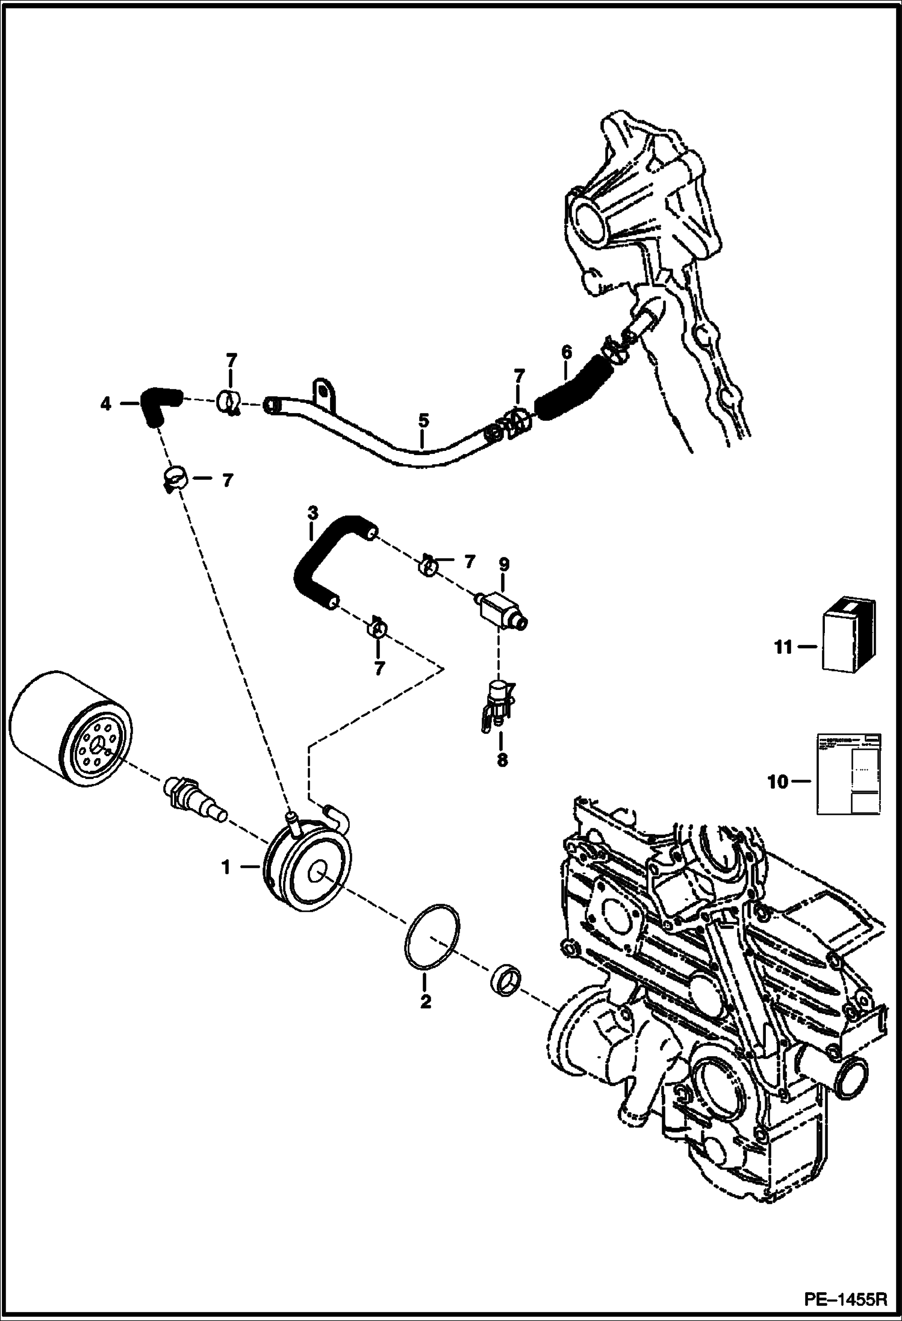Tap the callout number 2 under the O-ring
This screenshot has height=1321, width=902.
click(x=426, y=1002)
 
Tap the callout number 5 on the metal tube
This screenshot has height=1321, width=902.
click(x=423, y=420)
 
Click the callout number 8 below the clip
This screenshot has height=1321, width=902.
click(x=502, y=760)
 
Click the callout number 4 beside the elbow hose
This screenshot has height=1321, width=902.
click(x=106, y=405)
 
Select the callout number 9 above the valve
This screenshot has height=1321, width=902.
click(x=504, y=565)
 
